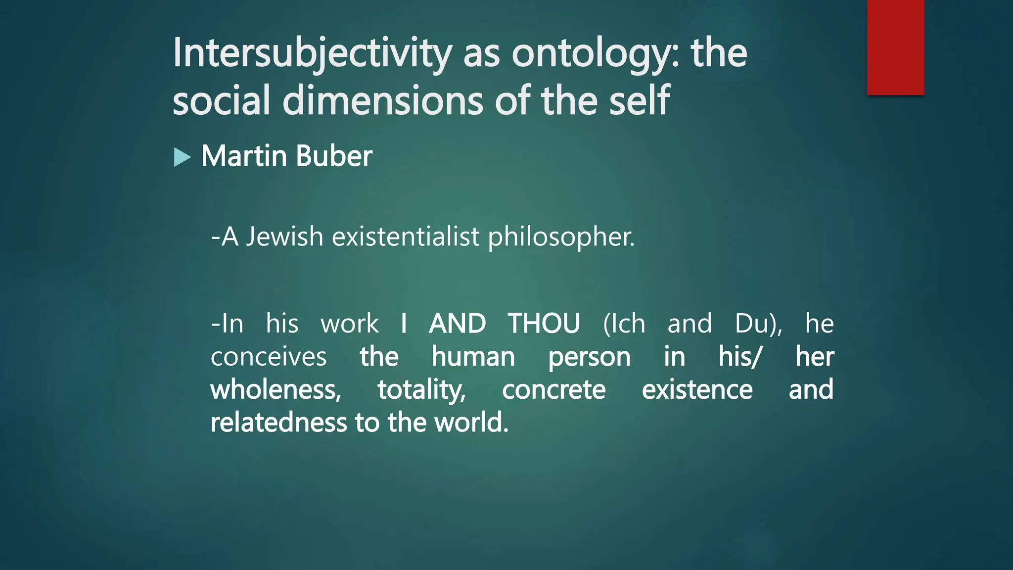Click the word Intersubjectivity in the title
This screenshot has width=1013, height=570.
click(312, 53)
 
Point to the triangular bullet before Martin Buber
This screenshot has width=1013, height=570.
click(182, 158)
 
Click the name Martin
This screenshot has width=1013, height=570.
click(244, 156)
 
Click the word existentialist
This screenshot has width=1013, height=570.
click(406, 237)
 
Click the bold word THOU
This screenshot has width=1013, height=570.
click(544, 324)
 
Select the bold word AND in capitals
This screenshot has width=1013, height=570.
click(458, 324)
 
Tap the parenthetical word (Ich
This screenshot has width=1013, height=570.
click(624, 324)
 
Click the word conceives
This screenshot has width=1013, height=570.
click(269, 357)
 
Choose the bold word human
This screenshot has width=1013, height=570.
click(473, 357)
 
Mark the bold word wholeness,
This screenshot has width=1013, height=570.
click(276, 390)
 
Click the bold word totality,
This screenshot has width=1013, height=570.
click(422, 390)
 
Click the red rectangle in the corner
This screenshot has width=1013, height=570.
click(895, 47)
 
